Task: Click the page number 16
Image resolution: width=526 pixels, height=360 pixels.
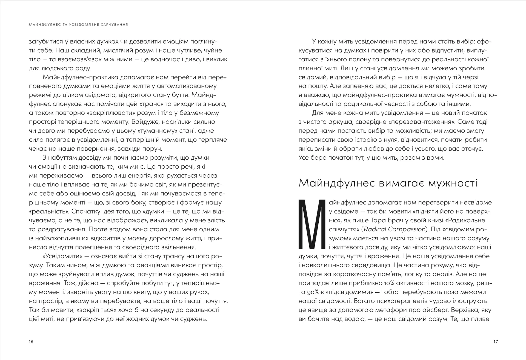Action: tap(31, 341)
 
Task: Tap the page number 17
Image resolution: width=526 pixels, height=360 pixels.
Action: tap(496, 341)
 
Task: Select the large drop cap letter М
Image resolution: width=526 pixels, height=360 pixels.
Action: tap(312, 224)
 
